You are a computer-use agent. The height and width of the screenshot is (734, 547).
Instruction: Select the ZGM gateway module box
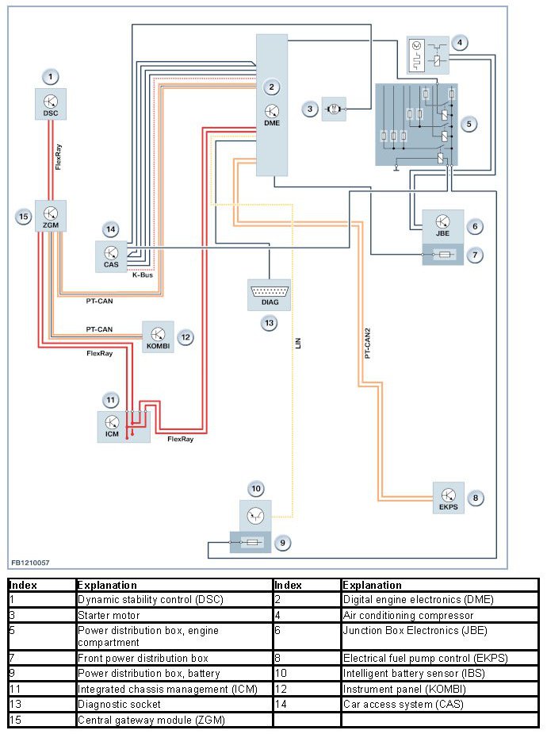51,215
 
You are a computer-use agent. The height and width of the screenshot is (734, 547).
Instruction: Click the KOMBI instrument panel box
158,336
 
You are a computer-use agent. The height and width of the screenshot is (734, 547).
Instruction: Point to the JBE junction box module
442,226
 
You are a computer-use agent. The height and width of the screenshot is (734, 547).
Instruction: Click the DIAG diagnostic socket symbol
269,294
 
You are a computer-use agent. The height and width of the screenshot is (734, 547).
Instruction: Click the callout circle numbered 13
270,323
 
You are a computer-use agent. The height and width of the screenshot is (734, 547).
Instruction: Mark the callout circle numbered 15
23,215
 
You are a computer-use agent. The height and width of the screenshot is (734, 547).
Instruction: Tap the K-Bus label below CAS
143,275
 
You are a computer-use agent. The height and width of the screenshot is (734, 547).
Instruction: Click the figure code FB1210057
30,563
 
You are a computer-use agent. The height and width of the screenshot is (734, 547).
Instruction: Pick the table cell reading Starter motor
109,615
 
